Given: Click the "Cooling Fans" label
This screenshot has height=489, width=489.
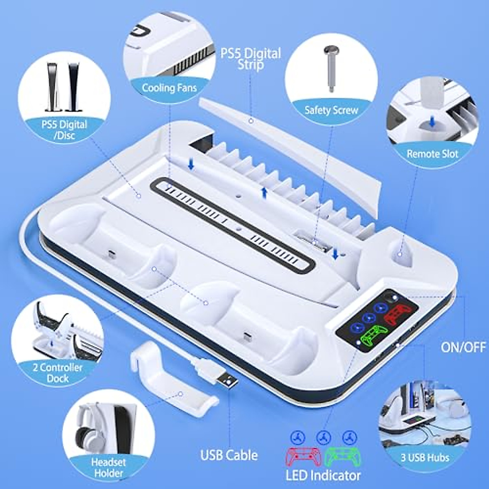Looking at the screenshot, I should point(169,88).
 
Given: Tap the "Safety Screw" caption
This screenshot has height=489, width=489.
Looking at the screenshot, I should point(331,110).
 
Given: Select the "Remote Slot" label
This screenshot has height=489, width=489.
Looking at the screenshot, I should point(432,154).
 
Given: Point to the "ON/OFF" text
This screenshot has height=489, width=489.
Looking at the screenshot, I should point(463,347).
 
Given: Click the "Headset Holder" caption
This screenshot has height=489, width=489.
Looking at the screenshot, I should point(108,467).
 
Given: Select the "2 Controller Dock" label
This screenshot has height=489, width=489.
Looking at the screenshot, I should point(57,372).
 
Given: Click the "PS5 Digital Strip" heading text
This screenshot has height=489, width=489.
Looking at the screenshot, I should point(251,58).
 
